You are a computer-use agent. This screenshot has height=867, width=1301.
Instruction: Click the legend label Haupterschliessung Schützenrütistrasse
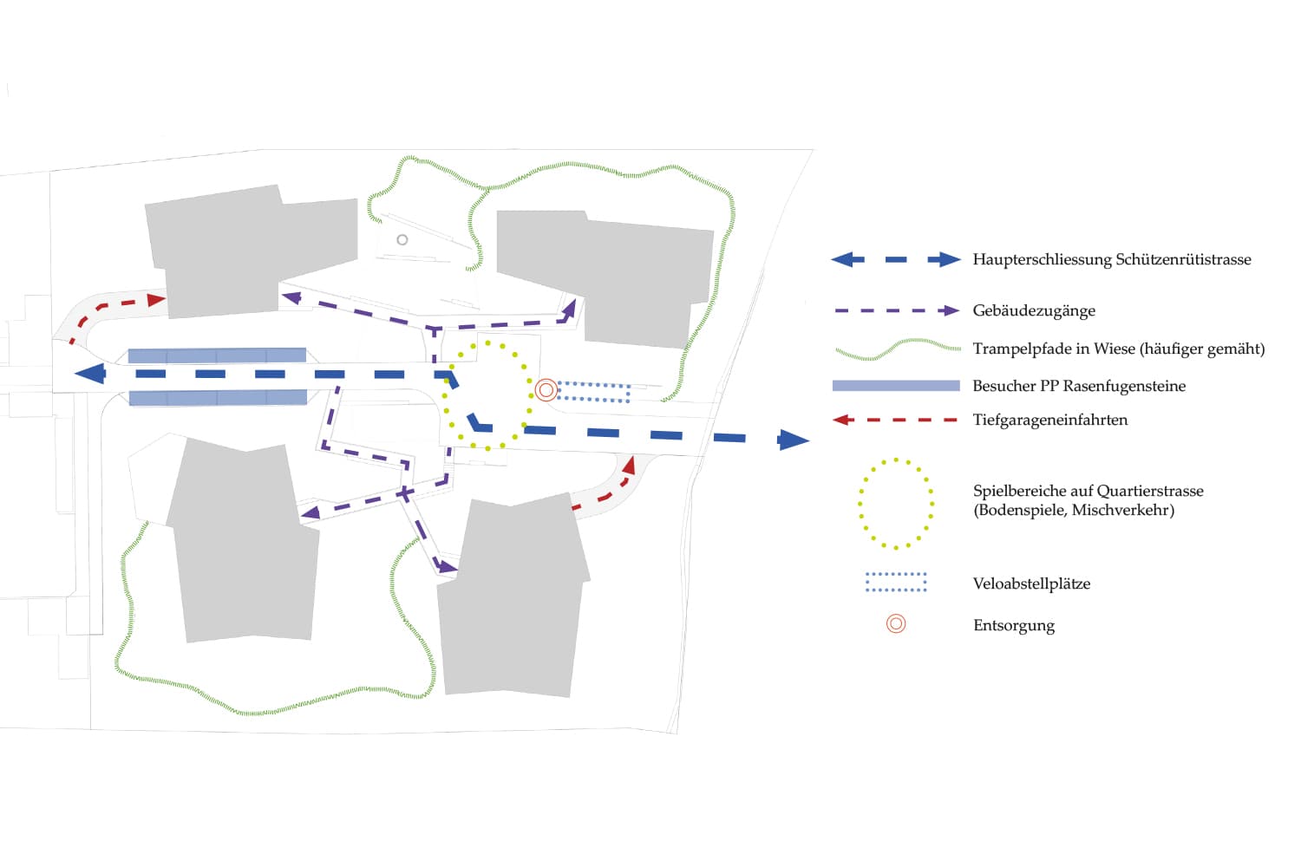[x=1111, y=259]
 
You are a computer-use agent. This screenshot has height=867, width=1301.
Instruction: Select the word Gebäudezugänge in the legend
[x=1034, y=310]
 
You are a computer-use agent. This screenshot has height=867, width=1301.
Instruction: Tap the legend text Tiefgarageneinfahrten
[x=1050, y=420]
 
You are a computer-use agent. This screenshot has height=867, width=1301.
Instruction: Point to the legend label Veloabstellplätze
[x=1031, y=583]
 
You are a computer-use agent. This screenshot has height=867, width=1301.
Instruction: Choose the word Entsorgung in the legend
[x=1014, y=625]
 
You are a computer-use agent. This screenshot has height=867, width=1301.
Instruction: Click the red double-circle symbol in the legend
[x=896, y=623]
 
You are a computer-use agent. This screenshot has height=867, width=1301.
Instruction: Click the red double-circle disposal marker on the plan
[x=546, y=390]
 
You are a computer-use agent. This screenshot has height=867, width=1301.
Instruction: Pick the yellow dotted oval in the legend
[x=896, y=504]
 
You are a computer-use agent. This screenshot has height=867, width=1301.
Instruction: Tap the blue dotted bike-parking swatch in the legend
[x=896, y=582]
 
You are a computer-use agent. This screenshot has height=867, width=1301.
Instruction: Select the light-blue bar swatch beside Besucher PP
[x=896, y=386]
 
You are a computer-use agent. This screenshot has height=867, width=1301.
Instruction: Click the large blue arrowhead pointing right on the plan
[x=793, y=440]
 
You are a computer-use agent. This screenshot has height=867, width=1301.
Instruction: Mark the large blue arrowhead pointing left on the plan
[x=90, y=374]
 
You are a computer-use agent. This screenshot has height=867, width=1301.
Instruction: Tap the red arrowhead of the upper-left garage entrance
[x=156, y=300]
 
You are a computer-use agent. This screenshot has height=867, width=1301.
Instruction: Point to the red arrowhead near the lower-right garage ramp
[x=629, y=466]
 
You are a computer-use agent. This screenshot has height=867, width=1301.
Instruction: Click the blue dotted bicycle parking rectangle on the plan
[x=593, y=392]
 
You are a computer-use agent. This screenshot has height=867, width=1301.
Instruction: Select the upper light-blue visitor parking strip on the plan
[x=217, y=355]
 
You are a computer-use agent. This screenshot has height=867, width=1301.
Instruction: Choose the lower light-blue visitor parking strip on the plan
[x=218, y=398]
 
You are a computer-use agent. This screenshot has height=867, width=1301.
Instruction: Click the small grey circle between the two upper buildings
[x=402, y=239]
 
